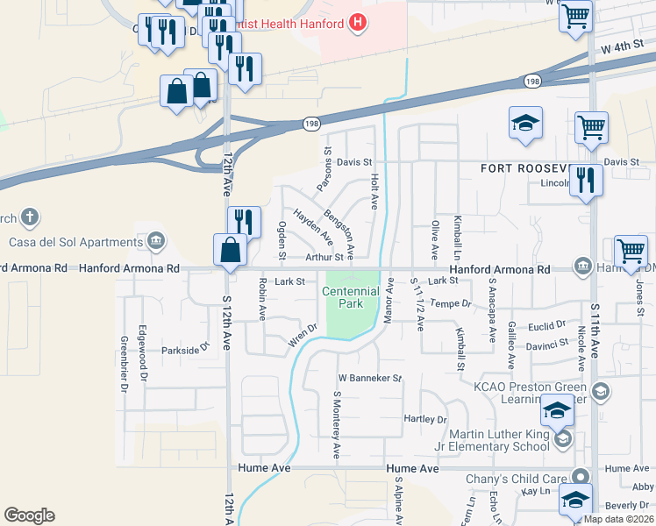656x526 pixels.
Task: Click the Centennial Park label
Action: pos(350,297)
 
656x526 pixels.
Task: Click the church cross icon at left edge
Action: pos(30,217)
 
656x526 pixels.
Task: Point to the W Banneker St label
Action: pos(369,379)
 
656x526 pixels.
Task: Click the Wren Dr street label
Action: pos(302,338)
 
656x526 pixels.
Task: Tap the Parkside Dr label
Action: pos(187,348)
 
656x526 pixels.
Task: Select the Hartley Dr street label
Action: pos(425,419)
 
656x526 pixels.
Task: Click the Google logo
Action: pos(29,515)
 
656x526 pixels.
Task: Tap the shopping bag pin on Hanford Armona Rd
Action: pos(230,252)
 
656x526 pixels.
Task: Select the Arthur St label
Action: pos(324,257)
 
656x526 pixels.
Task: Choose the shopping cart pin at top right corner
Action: pos(575,17)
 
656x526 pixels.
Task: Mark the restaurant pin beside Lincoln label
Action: pos(586,181)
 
